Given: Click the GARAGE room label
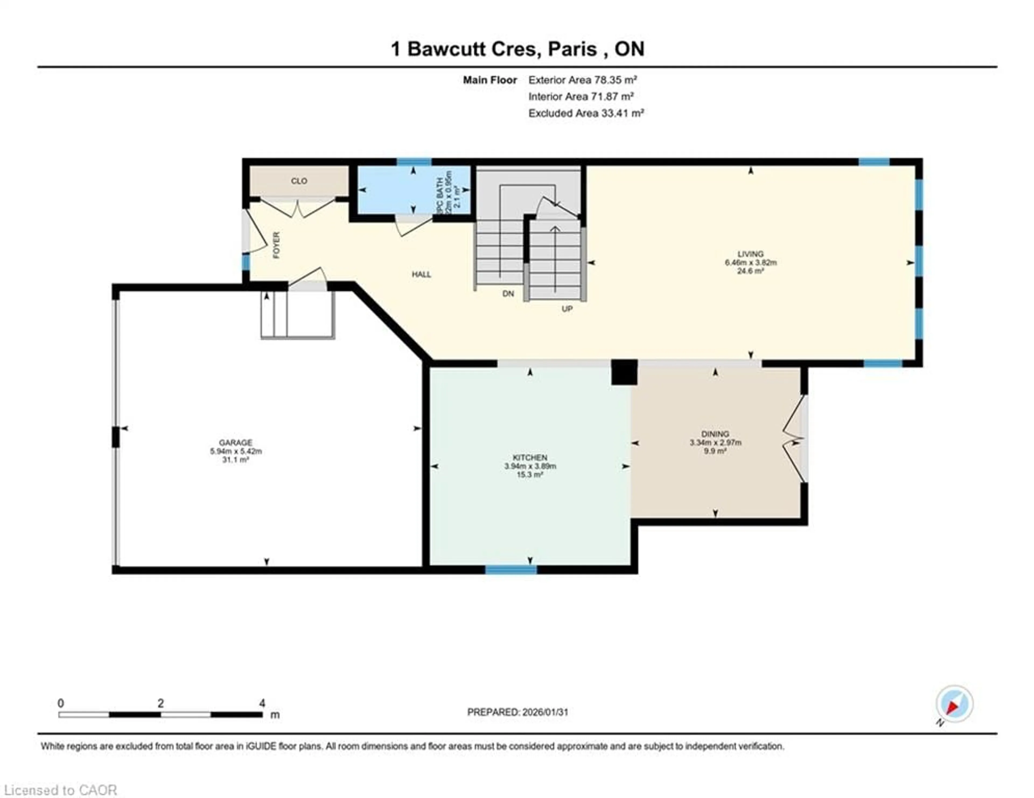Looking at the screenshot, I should tap(235, 443).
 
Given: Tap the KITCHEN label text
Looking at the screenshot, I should tap(530, 458).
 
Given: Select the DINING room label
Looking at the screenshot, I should tap(715, 434).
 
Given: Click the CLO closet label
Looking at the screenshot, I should tap(299, 181).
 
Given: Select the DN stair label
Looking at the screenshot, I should tap(508, 294).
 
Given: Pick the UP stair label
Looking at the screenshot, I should tap(567, 309).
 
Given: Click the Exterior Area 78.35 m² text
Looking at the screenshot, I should tap(582, 80).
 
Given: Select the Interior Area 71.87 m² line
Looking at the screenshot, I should tap(581, 97).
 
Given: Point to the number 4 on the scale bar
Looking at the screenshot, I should tap(262, 703).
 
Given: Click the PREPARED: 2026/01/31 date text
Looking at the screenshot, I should tap(518, 712).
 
